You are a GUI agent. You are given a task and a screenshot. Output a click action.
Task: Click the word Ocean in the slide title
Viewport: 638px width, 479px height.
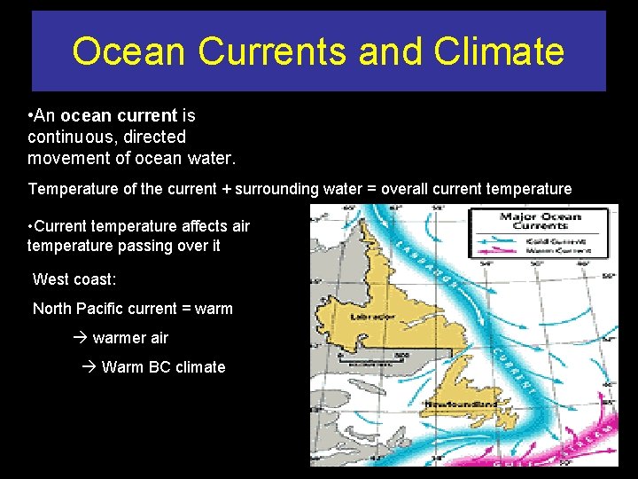coord(130,51)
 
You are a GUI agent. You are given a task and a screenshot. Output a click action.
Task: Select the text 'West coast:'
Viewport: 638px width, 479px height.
coord(74,279)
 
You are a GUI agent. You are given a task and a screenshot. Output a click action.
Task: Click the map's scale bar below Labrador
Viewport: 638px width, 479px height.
coord(366,361)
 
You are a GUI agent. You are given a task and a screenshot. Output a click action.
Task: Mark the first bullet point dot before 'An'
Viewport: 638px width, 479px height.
coord(31,115)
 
